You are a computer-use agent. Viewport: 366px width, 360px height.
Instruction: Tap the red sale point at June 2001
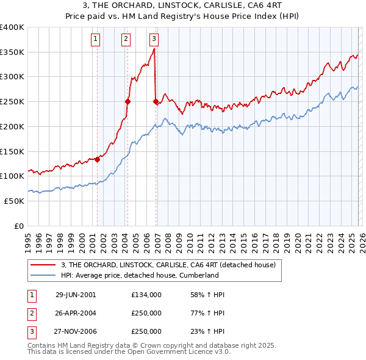[97, 159]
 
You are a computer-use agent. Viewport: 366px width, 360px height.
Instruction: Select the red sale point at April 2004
[127, 102]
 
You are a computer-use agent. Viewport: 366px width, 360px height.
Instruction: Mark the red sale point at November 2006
[156, 102]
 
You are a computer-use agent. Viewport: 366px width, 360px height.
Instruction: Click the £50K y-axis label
[14, 200]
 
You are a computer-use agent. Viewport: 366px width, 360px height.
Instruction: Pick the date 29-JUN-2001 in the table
[76, 295]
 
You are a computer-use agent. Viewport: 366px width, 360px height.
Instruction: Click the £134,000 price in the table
[146, 295]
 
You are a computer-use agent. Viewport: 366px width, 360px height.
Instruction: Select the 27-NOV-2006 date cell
[76, 331]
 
